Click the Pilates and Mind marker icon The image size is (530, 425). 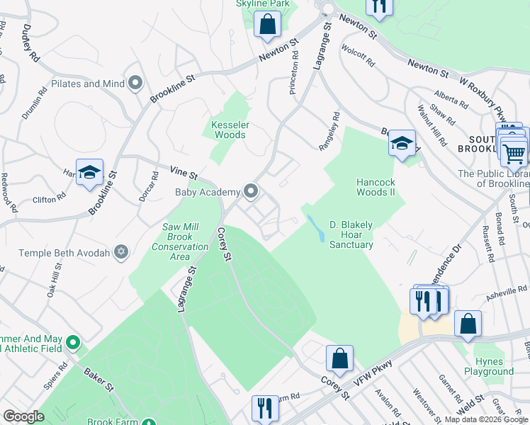[x=135, y=84]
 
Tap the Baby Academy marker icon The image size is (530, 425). [x=250, y=191]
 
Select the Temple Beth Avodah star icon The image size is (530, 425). [x=121, y=252]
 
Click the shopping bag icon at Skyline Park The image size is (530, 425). [x=268, y=25]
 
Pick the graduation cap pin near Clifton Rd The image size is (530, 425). [x=89, y=173]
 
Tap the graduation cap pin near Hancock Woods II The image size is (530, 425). [x=402, y=144]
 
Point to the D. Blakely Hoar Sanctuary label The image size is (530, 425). [x=351, y=234]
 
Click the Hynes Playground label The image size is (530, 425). [x=489, y=366]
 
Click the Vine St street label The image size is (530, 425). [x=184, y=171]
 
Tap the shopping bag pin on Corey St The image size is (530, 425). [x=340, y=359]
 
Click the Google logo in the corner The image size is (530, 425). [x=24, y=416]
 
